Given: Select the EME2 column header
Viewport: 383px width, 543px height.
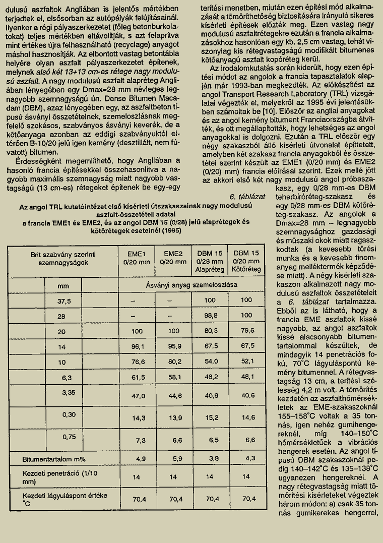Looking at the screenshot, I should (173, 257).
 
